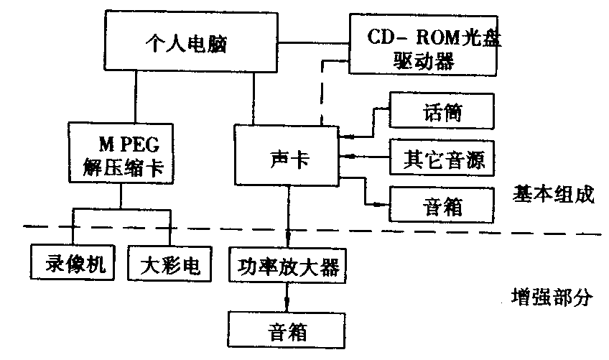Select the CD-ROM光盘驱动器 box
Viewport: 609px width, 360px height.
click(x=423, y=45)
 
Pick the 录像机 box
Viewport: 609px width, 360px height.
click(x=69, y=263)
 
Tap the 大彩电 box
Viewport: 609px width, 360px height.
click(x=169, y=263)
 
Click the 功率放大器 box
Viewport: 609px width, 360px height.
click(x=288, y=265)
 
